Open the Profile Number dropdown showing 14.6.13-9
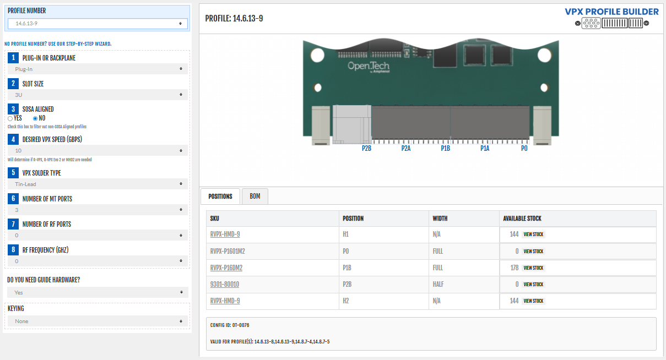pyautogui.click(x=98, y=24)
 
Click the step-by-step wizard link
pyautogui.click(x=58, y=43)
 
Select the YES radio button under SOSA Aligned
pyautogui.click(x=10, y=118)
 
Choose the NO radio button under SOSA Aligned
pyautogui.click(x=35, y=118)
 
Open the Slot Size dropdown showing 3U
pyautogui.click(x=98, y=95)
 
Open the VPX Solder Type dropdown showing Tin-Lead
pyautogui.click(x=98, y=184)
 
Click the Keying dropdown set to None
pyautogui.click(x=98, y=321)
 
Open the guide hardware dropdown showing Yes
pyautogui.click(x=98, y=292)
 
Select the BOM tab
pyautogui.click(x=255, y=196)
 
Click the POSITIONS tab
pyautogui.click(x=220, y=196)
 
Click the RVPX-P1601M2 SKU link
pyautogui.click(x=227, y=251)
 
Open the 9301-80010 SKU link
pyautogui.click(x=225, y=284)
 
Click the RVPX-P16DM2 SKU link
pyautogui.click(x=226, y=268)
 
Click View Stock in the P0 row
pyautogui.click(x=533, y=251)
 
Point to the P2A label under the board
pyautogui.click(x=406, y=149)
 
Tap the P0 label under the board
pyautogui.click(x=524, y=149)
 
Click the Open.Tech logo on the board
pyautogui.click(x=368, y=67)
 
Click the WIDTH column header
pyautogui.click(x=440, y=219)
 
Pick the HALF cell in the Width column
pyautogui.click(x=438, y=284)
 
